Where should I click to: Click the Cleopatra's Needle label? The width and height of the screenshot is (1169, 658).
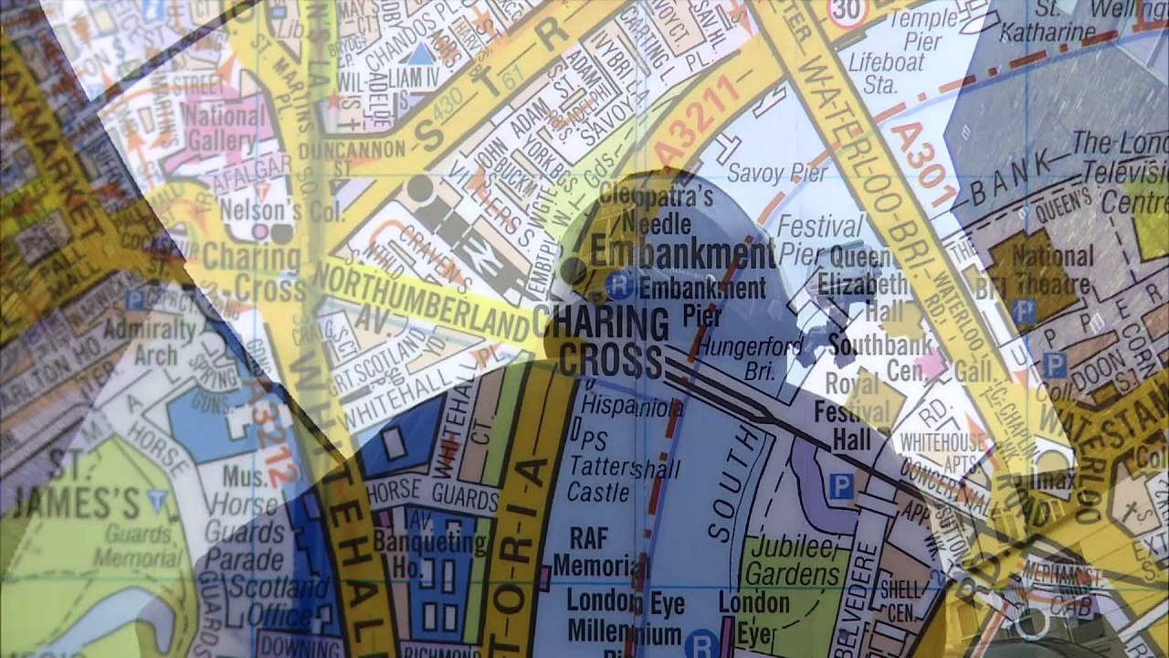655,208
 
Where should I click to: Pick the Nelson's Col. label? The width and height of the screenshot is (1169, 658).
282,212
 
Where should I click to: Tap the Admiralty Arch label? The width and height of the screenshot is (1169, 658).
152,342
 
